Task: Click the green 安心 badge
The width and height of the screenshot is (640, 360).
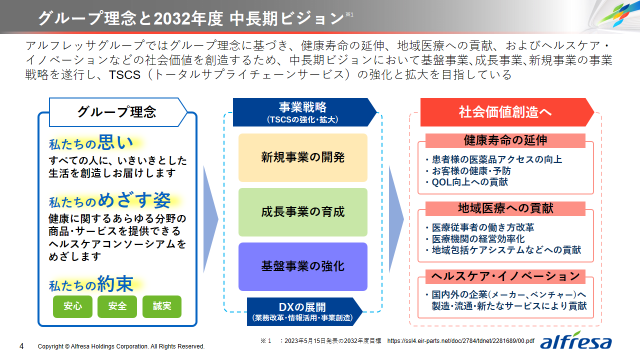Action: click(72, 306)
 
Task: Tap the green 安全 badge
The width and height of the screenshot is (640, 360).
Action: click(117, 306)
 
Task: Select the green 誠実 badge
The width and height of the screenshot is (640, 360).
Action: click(162, 306)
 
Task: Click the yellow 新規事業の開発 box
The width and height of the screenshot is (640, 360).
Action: click(303, 157)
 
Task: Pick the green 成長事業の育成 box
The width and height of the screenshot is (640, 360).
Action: click(303, 212)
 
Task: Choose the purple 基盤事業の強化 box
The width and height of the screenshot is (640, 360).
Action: click(303, 266)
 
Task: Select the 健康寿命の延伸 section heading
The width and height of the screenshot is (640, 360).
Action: click(505, 140)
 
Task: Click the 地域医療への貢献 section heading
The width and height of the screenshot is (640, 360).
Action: click(505, 208)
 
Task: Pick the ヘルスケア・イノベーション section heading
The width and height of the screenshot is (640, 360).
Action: click(505, 276)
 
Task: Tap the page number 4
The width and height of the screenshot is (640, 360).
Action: click(21, 346)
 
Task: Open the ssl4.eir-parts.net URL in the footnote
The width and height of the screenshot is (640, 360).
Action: click(461, 341)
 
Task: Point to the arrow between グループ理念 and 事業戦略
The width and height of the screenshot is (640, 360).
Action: click(211, 219)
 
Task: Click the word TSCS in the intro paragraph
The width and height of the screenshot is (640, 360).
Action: click(124, 75)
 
